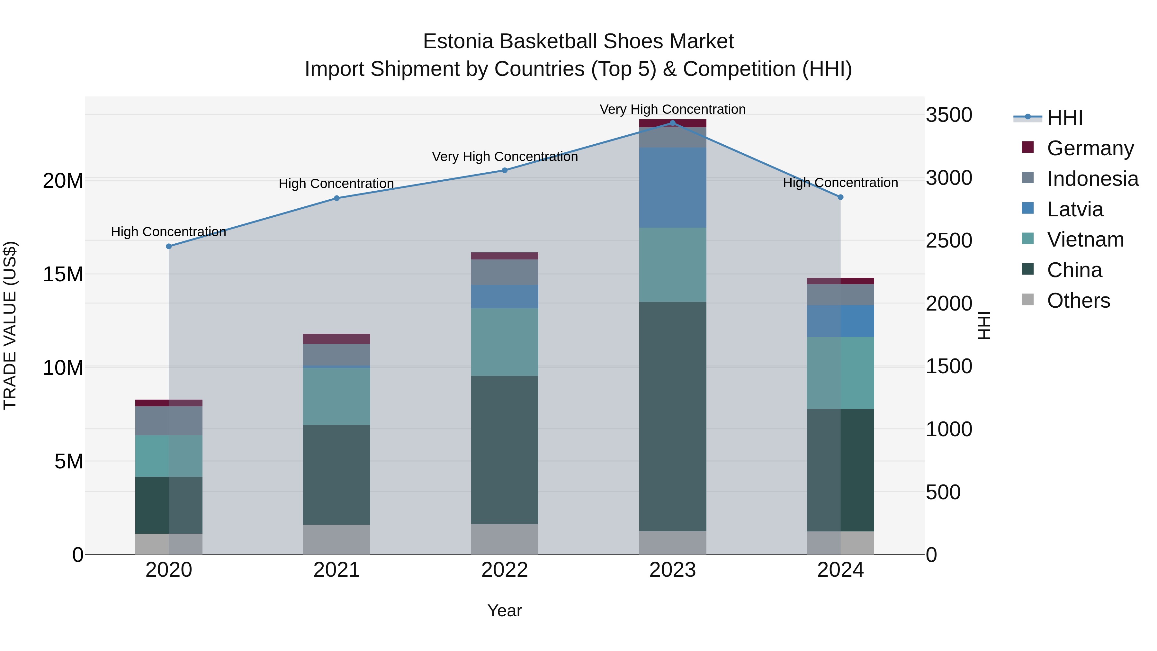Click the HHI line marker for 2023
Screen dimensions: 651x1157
[672, 123]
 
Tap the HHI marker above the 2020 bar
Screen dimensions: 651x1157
[169, 246]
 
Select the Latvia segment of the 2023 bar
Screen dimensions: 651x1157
[672, 187]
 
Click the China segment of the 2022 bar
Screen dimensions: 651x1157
[504, 449]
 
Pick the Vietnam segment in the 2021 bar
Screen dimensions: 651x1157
[336, 396]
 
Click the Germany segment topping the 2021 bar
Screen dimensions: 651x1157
[336, 339]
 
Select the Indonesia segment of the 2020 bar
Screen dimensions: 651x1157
[169, 420]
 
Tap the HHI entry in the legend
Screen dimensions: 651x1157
[1064, 118]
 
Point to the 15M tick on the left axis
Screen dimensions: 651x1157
[63, 274]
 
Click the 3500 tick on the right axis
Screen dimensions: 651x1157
[949, 115]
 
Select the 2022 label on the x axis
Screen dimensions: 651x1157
[504, 570]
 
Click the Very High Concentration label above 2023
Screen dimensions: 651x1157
[672, 109]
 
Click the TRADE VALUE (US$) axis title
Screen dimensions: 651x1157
[10, 325]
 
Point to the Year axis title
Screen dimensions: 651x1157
[504, 610]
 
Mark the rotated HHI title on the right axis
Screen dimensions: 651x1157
[984, 325]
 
